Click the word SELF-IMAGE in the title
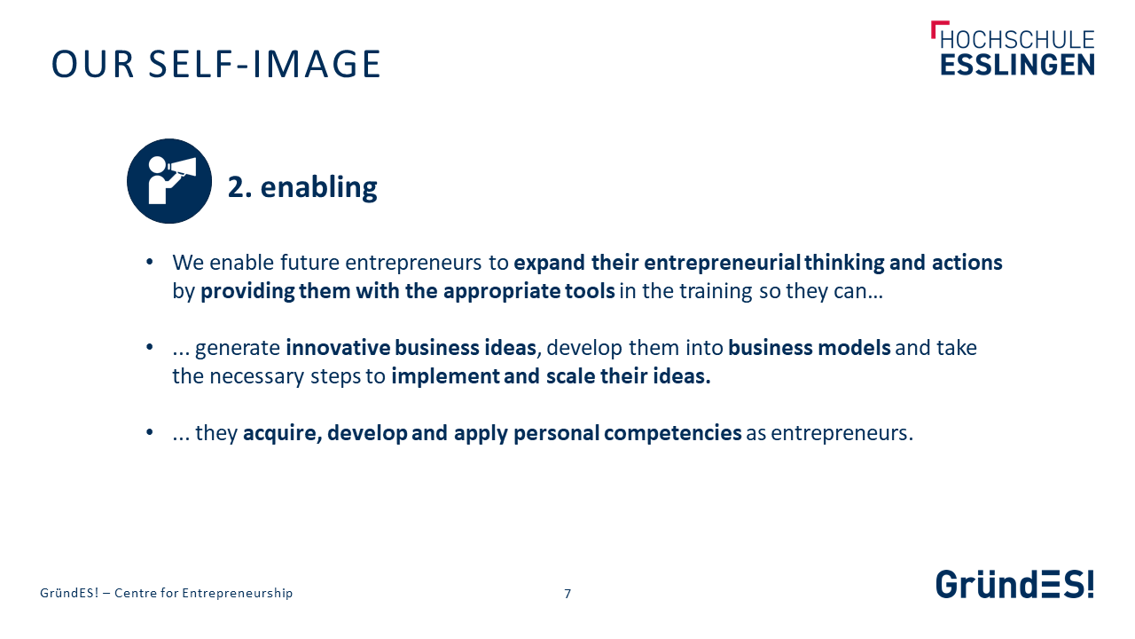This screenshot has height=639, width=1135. [x=264, y=65]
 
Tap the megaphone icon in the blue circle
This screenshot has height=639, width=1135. [x=169, y=181]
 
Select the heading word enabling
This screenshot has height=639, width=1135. [x=318, y=187]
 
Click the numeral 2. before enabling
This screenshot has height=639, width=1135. [x=239, y=187]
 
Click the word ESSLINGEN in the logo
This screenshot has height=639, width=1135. [x=1017, y=66]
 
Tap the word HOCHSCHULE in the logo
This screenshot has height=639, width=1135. [x=1017, y=40]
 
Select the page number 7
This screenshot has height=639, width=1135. [x=567, y=594]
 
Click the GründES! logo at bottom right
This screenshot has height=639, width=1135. [x=1014, y=584]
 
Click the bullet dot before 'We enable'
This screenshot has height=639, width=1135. [x=150, y=262]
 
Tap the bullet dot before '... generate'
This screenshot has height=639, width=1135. [x=150, y=347]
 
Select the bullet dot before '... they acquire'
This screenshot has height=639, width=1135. [x=150, y=432]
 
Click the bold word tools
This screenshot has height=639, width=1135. [x=590, y=291]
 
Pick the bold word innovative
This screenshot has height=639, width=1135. [x=338, y=348]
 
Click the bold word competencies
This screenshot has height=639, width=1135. [x=673, y=434]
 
